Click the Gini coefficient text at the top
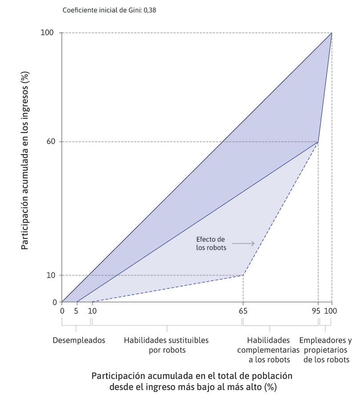pos(109,10)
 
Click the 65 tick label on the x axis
pos(243,311)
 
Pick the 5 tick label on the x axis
pos(76,311)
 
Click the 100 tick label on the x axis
pos(331,311)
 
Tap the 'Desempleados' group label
pos(79,341)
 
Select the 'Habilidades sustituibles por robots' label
pos(166,345)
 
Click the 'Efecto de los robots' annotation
pos(211,243)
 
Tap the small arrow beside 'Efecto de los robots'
pos(243,243)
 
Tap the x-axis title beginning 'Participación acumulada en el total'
pos(192,381)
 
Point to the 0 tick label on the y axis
pos(55,302)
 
